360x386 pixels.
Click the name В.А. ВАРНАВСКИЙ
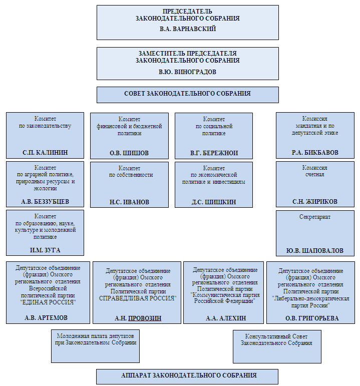(188, 29)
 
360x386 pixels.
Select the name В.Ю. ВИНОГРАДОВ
(187, 72)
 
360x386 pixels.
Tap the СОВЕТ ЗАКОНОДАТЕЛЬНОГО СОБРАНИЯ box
(188, 95)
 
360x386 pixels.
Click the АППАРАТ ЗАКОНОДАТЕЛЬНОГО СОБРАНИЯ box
(187, 376)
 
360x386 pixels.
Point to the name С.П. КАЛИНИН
(45, 153)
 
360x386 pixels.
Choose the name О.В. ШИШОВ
(129, 153)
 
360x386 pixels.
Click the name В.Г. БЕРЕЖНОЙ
(214, 153)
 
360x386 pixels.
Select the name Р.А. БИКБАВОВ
(315, 153)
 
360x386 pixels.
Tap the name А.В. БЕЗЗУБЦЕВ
(45, 202)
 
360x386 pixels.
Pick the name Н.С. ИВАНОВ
(129, 202)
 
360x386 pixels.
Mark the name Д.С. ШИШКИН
(214, 202)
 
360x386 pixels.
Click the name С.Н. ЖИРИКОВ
(315, 202)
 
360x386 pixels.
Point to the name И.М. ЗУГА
(45, 250)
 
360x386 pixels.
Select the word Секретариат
(315, 217)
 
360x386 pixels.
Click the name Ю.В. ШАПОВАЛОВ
(315, 251)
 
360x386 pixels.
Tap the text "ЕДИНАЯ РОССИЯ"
(48, 302)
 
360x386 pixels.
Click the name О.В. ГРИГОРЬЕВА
(312, 318)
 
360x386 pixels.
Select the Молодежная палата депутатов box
(95, 346)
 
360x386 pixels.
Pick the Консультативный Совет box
(277, 346)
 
